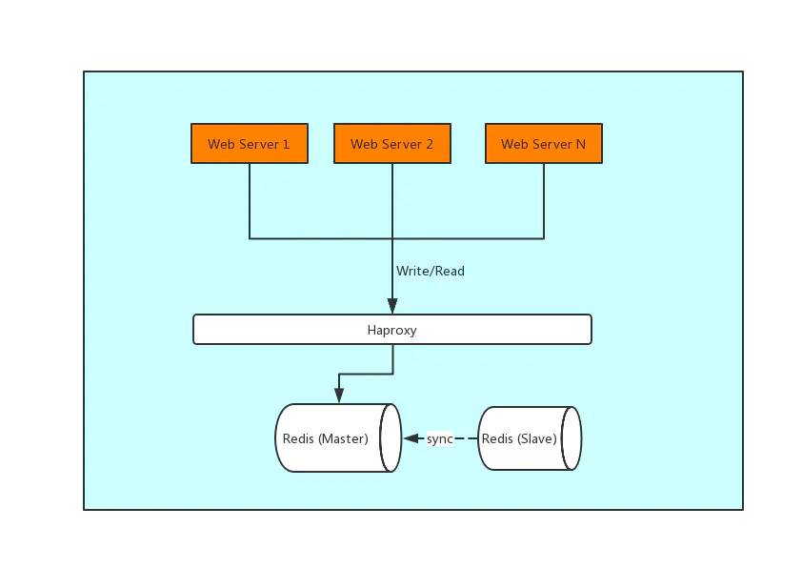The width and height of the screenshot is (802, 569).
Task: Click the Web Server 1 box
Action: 249,144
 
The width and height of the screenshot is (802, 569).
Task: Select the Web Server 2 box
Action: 391,144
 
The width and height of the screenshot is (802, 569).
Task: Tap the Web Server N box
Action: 543,144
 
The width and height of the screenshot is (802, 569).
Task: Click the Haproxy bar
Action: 391,330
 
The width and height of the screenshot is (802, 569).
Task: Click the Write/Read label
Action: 431,271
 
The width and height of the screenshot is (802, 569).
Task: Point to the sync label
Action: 439,438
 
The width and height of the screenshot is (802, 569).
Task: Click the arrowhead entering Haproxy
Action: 392,307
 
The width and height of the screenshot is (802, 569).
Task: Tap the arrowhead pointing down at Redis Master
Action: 339,395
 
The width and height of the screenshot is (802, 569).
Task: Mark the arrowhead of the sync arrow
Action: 411,438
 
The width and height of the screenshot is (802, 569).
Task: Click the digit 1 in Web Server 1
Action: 286,144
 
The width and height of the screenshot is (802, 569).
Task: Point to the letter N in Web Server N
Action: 580,144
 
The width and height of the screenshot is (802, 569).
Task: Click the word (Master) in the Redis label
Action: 343,438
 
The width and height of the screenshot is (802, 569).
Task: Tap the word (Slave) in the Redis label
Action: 537,438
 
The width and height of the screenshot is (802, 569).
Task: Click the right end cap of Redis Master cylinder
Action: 391,438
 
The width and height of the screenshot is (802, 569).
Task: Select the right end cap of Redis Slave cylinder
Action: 571,438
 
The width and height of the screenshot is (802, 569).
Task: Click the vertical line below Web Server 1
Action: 250,200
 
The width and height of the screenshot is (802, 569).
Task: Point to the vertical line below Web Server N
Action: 544,200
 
